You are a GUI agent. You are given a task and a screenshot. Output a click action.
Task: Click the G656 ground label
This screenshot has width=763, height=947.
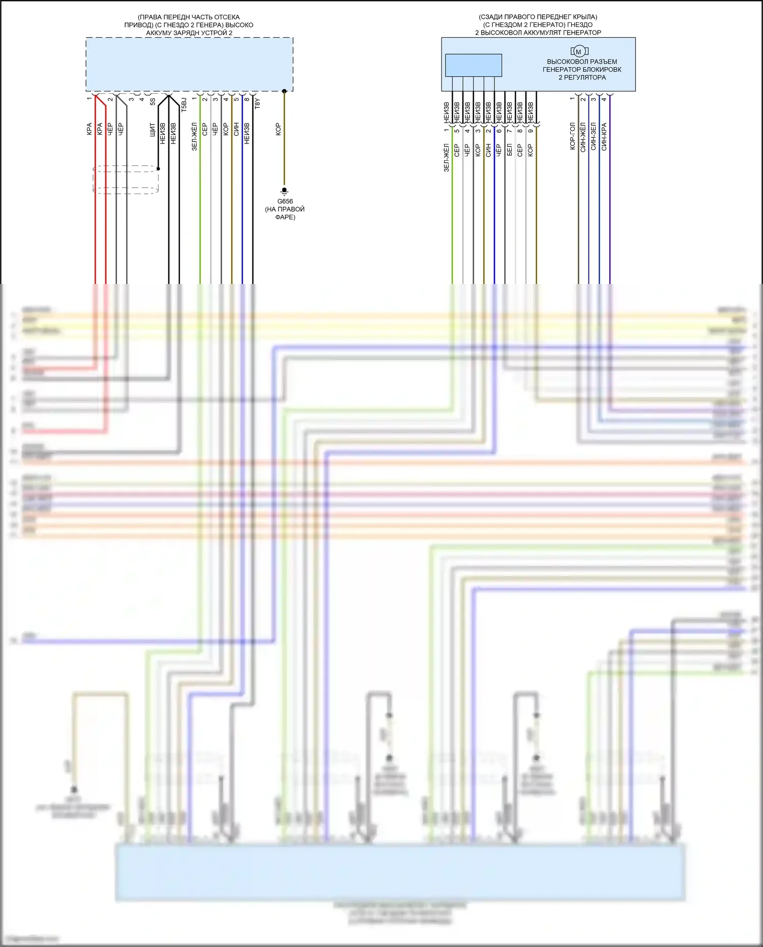tap(285, 201)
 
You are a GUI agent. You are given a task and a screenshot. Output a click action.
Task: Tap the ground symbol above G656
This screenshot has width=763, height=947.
tap(284, 192)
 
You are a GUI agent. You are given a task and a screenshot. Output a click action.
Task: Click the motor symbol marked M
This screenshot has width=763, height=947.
tap(579, 51)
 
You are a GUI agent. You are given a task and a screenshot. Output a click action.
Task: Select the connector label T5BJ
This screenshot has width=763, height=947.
tap(184, 105)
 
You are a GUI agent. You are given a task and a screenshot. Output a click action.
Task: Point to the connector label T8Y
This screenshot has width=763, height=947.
tap(257, 103)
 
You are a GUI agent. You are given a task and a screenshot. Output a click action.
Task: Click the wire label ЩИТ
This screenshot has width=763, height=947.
tap(153, 130)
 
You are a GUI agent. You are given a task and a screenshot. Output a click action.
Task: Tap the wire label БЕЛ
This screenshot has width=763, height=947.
tap(509, 150)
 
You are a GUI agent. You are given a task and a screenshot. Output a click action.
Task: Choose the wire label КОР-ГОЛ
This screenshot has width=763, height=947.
tap(572, 136)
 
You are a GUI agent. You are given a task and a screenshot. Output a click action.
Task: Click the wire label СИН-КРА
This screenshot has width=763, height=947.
tap(604, 136)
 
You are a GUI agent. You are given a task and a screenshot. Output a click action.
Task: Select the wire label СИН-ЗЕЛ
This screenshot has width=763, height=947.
tap(594, 136)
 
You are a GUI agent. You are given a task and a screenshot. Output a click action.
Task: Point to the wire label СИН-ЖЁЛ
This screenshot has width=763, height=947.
tap(583, 136)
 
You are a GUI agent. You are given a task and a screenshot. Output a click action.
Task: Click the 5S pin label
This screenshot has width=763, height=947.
tap(153, 102)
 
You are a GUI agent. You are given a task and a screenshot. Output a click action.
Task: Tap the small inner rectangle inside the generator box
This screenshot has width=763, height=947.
tap(473, 65)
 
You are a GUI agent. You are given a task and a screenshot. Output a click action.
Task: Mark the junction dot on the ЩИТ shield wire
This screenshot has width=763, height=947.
tap(158, 168)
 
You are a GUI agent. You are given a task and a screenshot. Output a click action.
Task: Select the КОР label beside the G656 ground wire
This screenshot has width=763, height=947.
tap(278, 129)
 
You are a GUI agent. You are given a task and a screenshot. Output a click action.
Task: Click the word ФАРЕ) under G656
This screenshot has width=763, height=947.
tap(285, 217)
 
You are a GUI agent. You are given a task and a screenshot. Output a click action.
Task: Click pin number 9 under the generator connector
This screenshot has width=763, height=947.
tap(530, 131)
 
